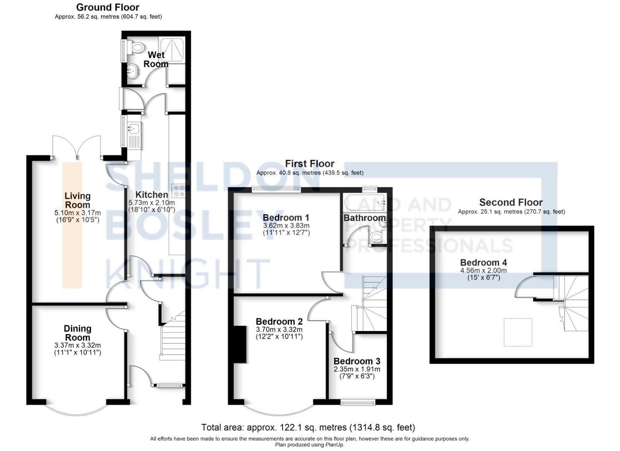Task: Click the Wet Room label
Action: [156, 59]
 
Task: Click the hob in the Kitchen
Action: [179, 191]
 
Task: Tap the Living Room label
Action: [77, 200]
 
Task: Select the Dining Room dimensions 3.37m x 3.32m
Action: [78, 345]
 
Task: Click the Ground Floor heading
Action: [108, 7]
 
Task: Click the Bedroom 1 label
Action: [286, 218]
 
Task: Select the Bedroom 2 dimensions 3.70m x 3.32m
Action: [279, 329]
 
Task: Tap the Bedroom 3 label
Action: [357, 361]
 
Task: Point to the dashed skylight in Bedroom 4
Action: [518, 332]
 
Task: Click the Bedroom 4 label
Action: [483, 262]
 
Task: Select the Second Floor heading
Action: [511, 203]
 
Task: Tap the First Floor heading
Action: [309, 164]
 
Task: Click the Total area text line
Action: [308, 427]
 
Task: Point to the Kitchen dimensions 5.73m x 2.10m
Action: [152, 203]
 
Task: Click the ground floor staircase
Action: [173, 340]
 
